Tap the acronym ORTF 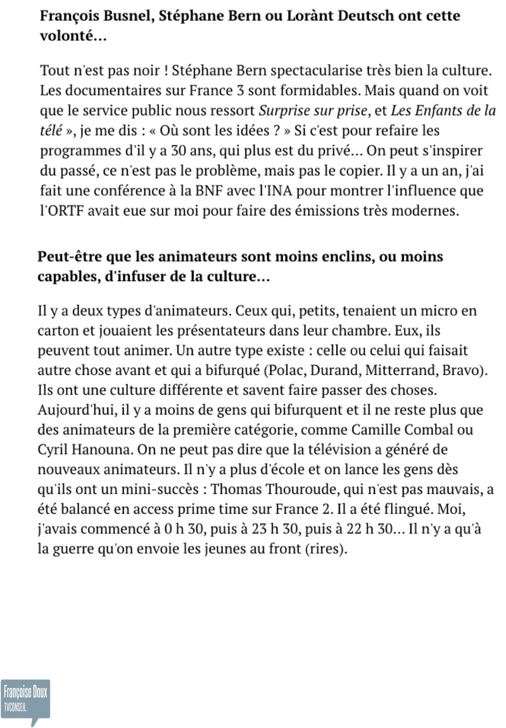click(x=62, y=210)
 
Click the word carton click(x=59, y=330)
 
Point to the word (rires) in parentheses click(x=326, y=549)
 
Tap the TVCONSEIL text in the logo click(x=15, y=707)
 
